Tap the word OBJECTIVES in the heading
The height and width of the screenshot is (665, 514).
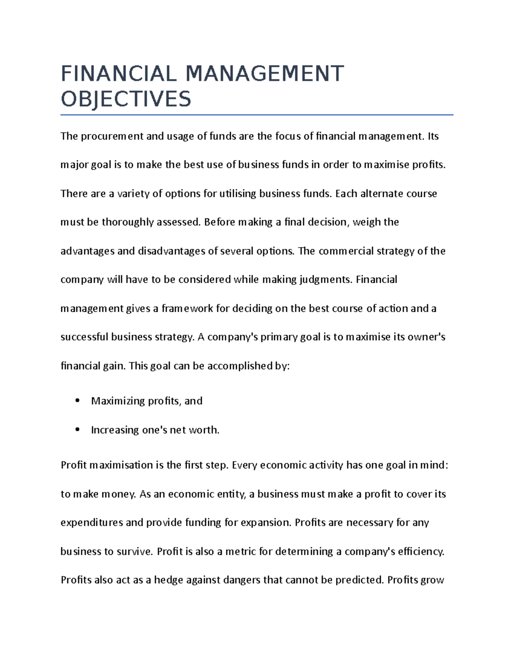tap(126, 99)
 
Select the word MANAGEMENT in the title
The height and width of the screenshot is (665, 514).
tap(264, 74)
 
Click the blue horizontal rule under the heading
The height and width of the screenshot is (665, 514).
tap(257, 115)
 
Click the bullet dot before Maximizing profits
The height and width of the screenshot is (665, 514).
tap(77, 401)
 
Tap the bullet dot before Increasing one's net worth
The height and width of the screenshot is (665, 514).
tap(77, 429)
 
